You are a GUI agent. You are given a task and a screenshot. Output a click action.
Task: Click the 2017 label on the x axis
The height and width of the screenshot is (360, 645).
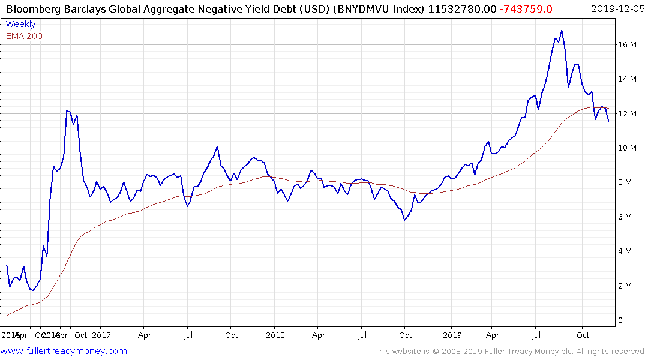pos(101,335)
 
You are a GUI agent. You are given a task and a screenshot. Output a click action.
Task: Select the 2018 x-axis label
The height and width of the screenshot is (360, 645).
pos(275,335)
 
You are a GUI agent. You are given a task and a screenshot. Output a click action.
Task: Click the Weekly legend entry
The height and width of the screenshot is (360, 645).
pos(20,24)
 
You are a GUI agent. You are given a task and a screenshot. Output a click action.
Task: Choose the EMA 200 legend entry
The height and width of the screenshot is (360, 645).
pos(24,36)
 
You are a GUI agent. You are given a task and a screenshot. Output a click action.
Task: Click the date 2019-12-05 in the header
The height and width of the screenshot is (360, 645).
pos(616,8)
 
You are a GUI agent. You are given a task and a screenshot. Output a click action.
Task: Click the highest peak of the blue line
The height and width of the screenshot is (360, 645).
pos(562,31)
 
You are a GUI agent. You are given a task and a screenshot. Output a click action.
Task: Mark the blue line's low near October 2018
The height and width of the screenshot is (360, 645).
pos(405,220)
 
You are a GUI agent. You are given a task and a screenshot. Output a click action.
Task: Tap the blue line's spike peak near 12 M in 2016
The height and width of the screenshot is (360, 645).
pos(67,110)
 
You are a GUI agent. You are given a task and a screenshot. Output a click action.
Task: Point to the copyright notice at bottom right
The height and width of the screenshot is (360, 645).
pos(509,351)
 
